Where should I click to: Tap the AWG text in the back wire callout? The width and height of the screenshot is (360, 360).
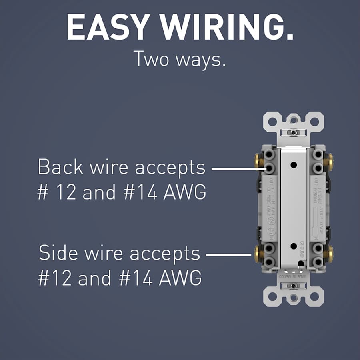click(x=185, y=192)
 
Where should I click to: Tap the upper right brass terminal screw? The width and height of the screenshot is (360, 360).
click(x=330, y=161)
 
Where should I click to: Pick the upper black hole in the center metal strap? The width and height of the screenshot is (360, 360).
click(x=294, y=164)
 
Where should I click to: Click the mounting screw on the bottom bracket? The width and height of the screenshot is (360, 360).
click(x=294, y=286)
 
